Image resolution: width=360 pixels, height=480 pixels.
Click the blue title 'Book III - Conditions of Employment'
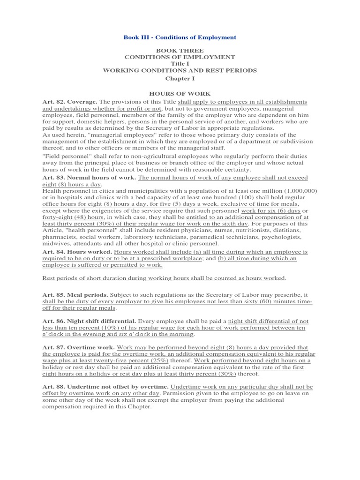coord(180,37)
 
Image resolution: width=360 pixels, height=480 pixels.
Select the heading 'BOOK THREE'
coord(180,50)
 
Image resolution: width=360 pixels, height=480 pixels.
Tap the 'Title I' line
coord(180,63)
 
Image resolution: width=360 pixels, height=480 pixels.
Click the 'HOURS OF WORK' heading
coord(180,94)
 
